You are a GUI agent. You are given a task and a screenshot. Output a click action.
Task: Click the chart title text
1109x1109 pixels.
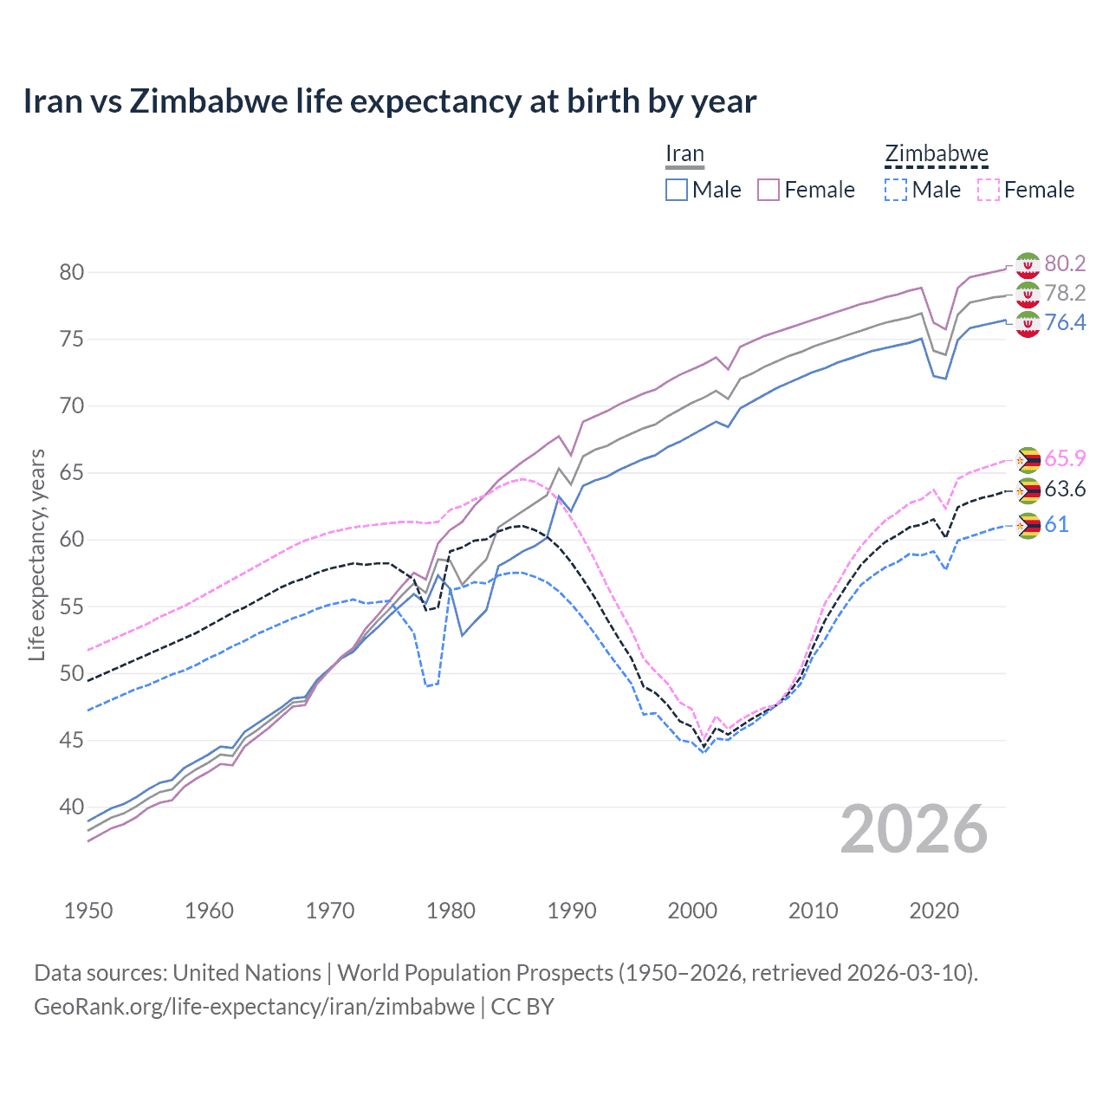click(390, 101)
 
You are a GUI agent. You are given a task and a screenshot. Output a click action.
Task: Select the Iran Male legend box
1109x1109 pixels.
click(677, 190)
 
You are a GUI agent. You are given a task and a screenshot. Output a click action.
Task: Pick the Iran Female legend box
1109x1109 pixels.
click(769, 190)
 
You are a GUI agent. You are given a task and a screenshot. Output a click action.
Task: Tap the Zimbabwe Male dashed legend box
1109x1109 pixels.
click(896, 190)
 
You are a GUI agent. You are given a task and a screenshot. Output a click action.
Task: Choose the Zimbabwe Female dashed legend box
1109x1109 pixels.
click(988, 190)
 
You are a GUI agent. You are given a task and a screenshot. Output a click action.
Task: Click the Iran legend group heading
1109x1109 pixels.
click(684, 154)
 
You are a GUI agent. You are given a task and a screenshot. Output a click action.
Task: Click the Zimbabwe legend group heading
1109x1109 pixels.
click(936, 154)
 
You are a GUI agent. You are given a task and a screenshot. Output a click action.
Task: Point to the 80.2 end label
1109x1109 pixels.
click(1065, 263)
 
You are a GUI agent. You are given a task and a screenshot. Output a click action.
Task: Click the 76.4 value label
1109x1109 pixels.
click(1065, 322)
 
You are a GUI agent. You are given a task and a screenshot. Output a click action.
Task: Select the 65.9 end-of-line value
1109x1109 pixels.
click(1065, 458)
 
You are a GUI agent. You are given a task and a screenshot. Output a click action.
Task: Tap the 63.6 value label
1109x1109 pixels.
click(1065, 490)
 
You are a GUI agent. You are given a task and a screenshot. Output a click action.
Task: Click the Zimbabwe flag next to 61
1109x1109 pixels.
click(1028, 525)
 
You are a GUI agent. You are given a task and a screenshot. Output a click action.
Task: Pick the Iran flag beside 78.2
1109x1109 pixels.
click(1028, 294)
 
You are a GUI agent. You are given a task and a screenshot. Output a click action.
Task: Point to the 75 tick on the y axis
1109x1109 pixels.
click(72, 339)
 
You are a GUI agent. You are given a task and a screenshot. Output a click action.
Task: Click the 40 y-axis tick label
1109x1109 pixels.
click(72, 807)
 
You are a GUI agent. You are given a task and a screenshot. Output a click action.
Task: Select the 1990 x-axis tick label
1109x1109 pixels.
click(572, 911)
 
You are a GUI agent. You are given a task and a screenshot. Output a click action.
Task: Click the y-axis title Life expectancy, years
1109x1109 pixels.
click(36, 554)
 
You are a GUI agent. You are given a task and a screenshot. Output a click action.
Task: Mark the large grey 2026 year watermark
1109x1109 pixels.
click(914, 829)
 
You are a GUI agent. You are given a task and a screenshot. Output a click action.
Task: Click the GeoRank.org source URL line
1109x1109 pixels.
click(294, 1007)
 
